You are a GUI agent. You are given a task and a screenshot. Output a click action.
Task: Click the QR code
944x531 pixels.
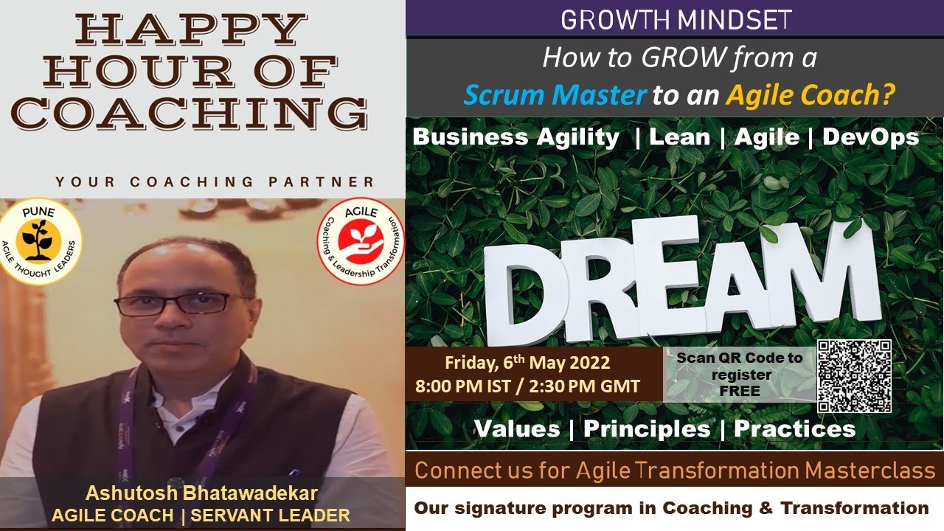coord(854,376)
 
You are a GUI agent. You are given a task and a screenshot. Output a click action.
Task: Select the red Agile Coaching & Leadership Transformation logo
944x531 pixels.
coord(361,242)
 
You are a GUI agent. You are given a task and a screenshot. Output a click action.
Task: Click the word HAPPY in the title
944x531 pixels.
coord(191,30)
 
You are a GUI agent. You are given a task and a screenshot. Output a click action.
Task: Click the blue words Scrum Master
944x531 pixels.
coord(555,94)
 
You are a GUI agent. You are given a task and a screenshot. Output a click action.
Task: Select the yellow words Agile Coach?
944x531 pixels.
coord(811,94)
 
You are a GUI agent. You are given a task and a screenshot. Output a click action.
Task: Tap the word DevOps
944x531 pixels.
coord(870,136)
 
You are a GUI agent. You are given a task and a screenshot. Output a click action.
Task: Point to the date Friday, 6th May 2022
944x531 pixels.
coord(527,363)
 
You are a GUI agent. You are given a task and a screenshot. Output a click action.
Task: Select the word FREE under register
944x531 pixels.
coord(739,391)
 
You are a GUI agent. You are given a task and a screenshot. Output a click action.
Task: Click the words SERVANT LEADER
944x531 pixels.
coord(270,515)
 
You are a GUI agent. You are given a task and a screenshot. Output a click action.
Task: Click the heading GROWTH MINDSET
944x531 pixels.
coord(676,19)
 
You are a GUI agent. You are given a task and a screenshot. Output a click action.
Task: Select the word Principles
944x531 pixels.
coord(647,428)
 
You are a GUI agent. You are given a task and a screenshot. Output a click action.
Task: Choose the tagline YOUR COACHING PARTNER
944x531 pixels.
coord(214,181)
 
